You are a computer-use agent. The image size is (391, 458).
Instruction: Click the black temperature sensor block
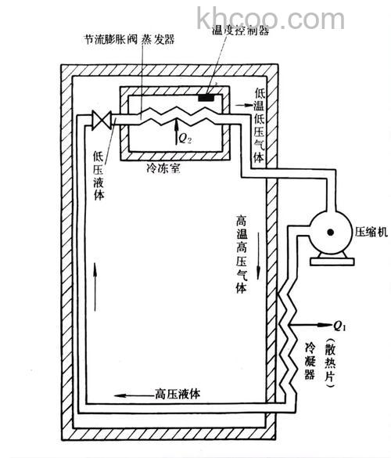pyautogui.click(x=209, y=99)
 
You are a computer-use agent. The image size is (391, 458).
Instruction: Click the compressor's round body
pyautogui.click(x=328, y=230)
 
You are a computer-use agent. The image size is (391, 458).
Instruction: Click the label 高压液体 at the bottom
pyautogui.click(x=177, y=394)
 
